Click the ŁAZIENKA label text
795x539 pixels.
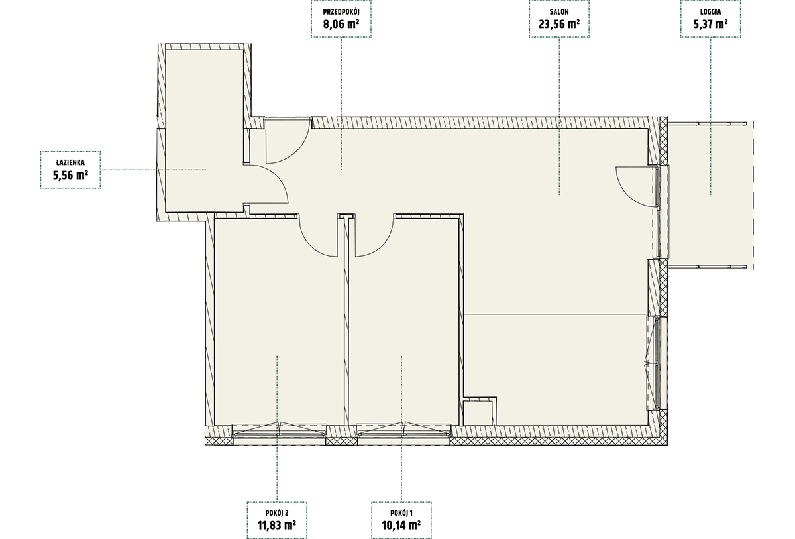point(70,162)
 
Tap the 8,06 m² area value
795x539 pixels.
point(341,24)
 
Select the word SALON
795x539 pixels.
point(559,12)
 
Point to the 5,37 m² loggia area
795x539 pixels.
point(710,24)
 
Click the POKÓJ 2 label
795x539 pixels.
point(277,512)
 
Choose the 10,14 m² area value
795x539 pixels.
point(401,525)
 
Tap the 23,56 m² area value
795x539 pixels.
point(559,24)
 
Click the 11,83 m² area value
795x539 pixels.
point(277,525)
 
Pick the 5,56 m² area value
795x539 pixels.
point(70,175)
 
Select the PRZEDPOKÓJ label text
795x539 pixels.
point(341,12)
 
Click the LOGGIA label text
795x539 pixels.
point(710,12)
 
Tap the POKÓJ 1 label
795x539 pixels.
point(401,512)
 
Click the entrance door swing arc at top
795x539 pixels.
point(297,152)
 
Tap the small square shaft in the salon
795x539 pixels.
point(478,412)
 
